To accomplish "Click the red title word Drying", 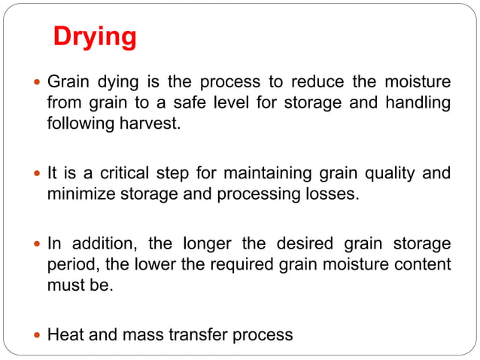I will click(x=95, y=36).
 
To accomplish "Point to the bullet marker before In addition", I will click(x=36, y=244).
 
